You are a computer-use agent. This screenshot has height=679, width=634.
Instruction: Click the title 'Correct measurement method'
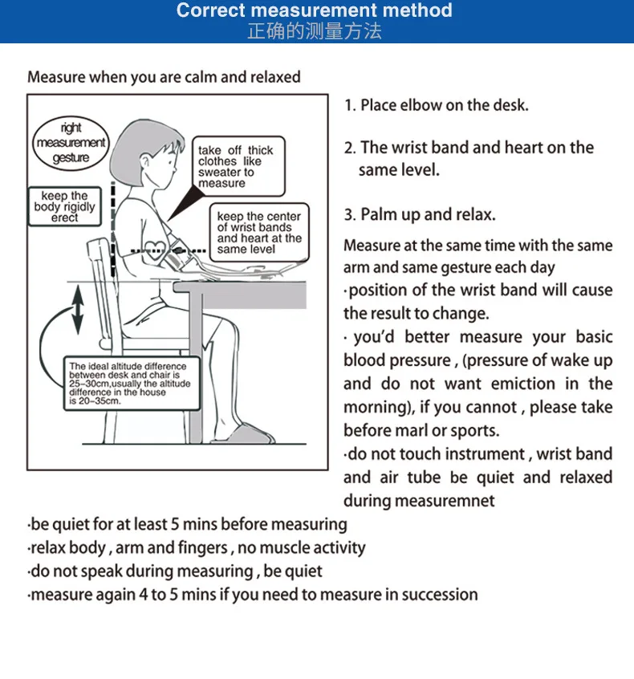point(314,11)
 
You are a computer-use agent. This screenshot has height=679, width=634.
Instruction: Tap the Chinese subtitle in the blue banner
point(314,32)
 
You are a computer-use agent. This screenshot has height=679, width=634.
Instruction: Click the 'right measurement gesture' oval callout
point(71,143)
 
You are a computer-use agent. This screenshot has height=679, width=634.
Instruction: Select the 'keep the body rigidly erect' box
point(64,207)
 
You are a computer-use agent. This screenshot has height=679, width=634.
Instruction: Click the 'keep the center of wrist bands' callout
point(258,233)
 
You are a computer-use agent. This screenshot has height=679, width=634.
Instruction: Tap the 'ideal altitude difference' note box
point(130,383)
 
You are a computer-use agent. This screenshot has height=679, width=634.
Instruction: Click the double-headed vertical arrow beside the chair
point(77,311)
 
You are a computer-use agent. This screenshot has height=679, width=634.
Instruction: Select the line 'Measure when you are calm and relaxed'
point(164,78)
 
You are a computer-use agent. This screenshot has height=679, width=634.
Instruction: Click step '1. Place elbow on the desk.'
point(437,105)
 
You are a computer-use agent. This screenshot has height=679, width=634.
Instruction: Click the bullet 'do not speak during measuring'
point(175,571)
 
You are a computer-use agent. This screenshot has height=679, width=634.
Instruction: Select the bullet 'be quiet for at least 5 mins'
point(188,525)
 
